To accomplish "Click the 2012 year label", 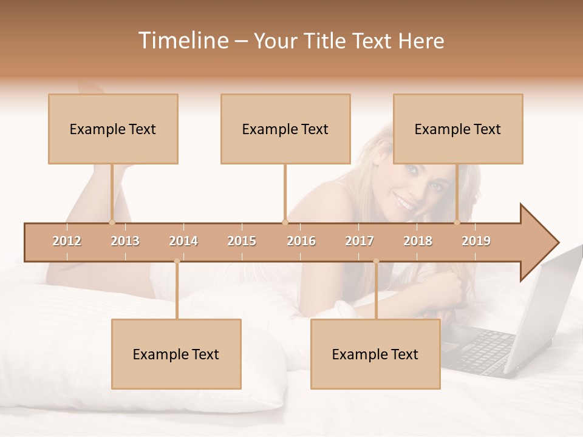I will (67, 241).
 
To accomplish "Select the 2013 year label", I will (125, 241).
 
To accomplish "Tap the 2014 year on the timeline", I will (183, 241).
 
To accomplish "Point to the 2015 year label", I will (242, 241).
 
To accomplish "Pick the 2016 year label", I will (301, 241).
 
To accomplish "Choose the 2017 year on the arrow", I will (360, 241).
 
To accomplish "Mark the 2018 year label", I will (418, 241).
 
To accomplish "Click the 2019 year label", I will (476, 241).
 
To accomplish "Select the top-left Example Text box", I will (113, 129).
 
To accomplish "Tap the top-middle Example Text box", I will (285, 129).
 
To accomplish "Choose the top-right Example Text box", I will (458, 129).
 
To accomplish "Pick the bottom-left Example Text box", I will (176, 354).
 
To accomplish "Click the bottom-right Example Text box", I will (375, 354).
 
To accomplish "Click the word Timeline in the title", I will (182, 41).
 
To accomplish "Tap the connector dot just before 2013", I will (112, 222).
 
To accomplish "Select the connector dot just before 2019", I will (457, 222).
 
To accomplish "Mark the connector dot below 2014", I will (177, 261).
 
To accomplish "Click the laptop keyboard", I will (483, 349).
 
